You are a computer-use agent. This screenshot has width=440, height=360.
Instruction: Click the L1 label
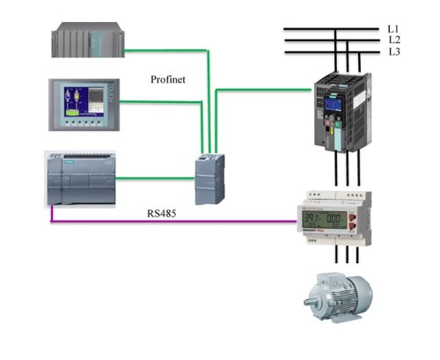coord(393,28)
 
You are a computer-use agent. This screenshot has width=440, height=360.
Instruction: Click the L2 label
coord(393,40)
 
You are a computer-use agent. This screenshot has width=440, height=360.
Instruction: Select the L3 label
coord(393,52)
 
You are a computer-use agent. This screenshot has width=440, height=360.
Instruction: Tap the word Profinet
coord(169,79)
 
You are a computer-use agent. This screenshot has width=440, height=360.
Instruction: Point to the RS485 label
coord(163,214)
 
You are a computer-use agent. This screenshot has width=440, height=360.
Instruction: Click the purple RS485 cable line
coord(176,222)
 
